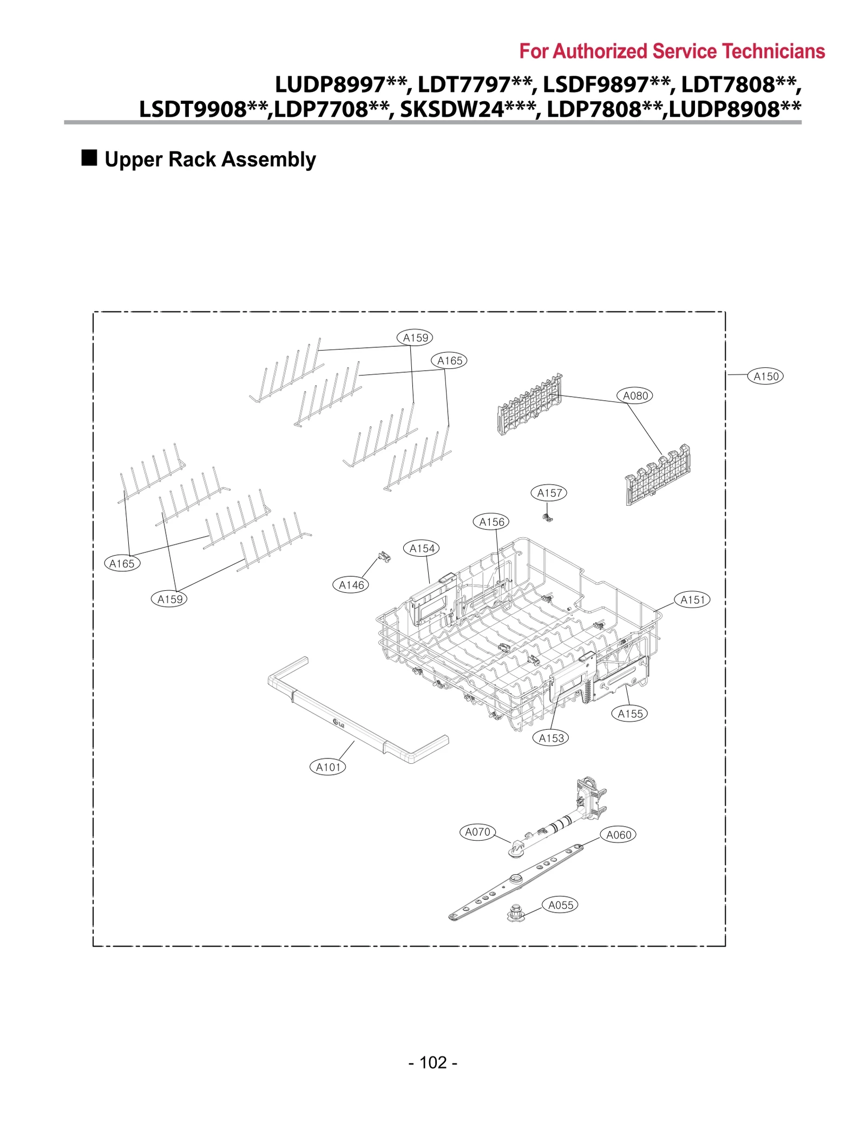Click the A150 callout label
pos(765,376)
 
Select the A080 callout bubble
pos(635,395)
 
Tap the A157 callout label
pos(549,493)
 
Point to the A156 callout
pos(491,522)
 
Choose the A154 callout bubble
pos(422,549)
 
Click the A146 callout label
pos(351,585)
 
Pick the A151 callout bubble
pos(692,600)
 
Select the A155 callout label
pos(630,714)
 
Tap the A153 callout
pos(550,738)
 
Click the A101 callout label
pos(327,767)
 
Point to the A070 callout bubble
pos(477,832)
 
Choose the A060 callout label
pos(619,835)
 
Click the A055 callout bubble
pos(560,905)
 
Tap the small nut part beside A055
pos(515,913)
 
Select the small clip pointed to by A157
pos(548,518)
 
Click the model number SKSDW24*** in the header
pos(468,109)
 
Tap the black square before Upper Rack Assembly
pos(89,158)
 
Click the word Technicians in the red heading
pos(773,51)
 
